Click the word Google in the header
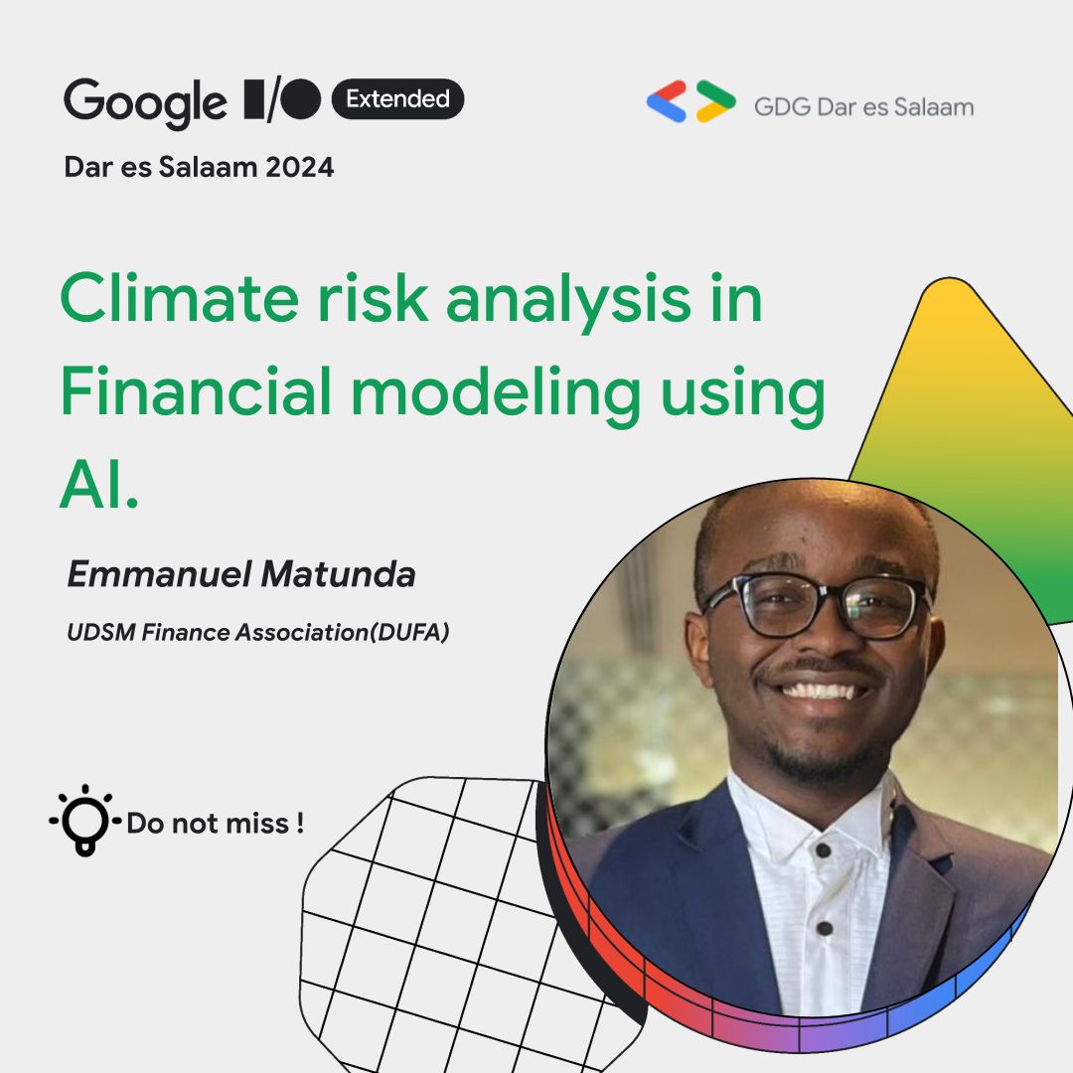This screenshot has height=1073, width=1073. [145, 102]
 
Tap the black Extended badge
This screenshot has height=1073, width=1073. [397, 99]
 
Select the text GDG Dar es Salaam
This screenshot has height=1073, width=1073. [863, 106]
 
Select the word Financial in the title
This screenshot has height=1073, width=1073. [195, 392]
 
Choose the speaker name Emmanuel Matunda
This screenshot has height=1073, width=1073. [240, 574]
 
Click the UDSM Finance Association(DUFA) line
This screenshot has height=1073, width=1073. [258, 632]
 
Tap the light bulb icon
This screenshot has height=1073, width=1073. [84, 821]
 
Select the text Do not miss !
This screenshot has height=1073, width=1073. [215, 824]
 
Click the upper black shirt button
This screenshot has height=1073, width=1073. [823, 850]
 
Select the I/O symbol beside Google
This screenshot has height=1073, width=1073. [282, 99]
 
